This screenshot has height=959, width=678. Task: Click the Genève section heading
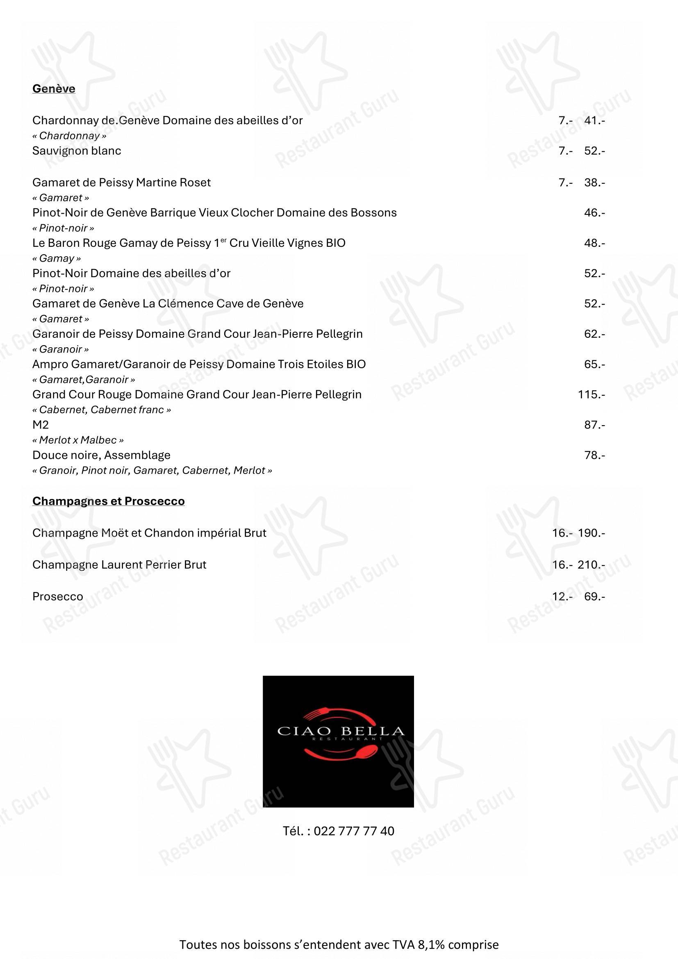point(54,89)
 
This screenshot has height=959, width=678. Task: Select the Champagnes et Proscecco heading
point(108,501)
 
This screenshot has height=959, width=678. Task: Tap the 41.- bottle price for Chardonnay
point(594,120)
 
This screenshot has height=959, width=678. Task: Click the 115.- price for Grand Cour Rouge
point(591,394)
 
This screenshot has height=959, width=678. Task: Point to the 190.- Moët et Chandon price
point(591,533)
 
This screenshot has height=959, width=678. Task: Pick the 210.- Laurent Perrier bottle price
point(591,565)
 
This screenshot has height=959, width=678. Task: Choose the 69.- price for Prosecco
point(594,597)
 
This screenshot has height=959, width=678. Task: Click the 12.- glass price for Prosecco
point(560,597)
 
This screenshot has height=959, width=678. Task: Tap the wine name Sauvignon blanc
point(77,151)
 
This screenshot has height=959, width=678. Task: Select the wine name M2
point(41,425)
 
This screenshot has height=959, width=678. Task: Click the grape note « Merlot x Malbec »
point(78,440)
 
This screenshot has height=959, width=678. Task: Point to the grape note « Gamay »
point(57,259)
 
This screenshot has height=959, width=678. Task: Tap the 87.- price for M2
point(594,425)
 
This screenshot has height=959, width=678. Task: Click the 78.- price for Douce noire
point(594,455)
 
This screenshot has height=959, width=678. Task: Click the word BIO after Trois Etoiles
point(356,364)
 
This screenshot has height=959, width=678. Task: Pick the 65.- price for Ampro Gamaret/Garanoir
point(594,364)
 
